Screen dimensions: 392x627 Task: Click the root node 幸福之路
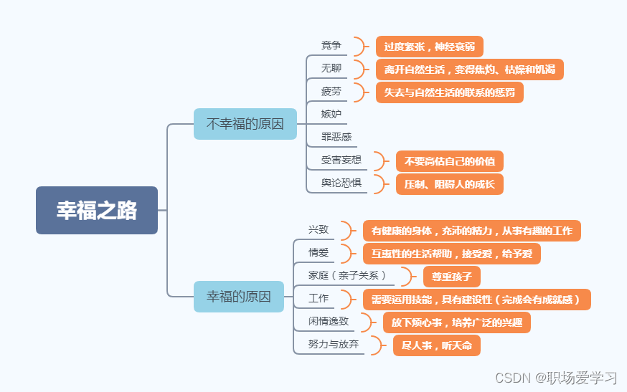[97, 211]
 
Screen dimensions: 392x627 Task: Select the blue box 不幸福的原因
[245, 123]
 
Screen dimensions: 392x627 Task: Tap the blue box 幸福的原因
[239, 296]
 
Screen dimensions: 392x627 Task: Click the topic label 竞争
[331, 46]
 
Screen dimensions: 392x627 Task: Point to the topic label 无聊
[331, 69]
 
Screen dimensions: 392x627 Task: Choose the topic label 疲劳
[331, 92]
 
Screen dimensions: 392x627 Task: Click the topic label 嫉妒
[331, 114]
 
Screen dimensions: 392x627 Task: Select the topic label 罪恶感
[336, 137]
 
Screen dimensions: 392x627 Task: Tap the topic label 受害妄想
[341, 160]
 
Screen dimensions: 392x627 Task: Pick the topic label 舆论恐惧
[341, 183]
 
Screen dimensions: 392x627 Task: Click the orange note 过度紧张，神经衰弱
[429, 47]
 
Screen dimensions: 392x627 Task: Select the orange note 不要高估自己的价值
[449, 161]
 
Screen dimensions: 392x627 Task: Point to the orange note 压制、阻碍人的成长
[449, 184]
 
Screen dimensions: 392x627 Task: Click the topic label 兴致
[319, 230]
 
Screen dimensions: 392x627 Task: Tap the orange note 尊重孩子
[451, 277]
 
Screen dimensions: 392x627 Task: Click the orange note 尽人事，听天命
[436, 345]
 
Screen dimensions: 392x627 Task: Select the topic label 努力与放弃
[334, 344]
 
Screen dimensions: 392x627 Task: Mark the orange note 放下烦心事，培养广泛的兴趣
[456, 322]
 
